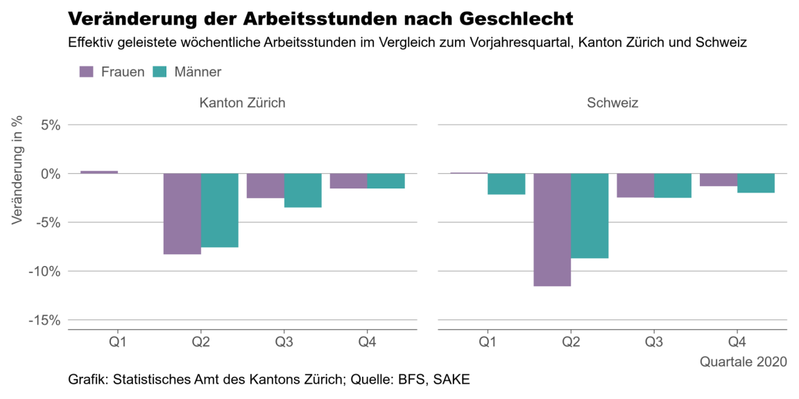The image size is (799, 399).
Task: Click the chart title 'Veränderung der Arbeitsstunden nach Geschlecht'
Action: coord(320,18)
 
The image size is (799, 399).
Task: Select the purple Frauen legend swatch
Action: coord(87,71)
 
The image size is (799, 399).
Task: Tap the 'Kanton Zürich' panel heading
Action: coord(242,103)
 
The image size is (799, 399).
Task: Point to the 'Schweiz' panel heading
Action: coord(612,103)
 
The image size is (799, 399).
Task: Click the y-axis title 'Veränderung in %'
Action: coord(17,169)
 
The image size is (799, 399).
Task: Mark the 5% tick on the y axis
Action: coord(46,125)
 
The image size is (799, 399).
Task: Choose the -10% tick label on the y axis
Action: coord(43,272)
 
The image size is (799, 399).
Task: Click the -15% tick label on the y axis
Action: coord(43,320)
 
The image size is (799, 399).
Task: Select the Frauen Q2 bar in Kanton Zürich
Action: coord(182,214)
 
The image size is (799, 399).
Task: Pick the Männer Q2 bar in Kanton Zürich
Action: coord(220,211)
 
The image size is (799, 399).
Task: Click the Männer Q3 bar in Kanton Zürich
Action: coord(303,190)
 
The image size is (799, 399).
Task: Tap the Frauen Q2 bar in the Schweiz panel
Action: coord(552,230)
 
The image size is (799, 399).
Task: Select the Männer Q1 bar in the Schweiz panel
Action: coord(506,184)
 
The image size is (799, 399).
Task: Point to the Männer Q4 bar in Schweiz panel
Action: coord(756,183)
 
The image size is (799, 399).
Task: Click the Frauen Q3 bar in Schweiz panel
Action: coord(635,186)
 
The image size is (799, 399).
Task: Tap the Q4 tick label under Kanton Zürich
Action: coord(368,342)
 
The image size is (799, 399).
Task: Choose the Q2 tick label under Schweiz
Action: coord(571,342)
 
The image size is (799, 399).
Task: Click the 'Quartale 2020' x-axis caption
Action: coord(743,362)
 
